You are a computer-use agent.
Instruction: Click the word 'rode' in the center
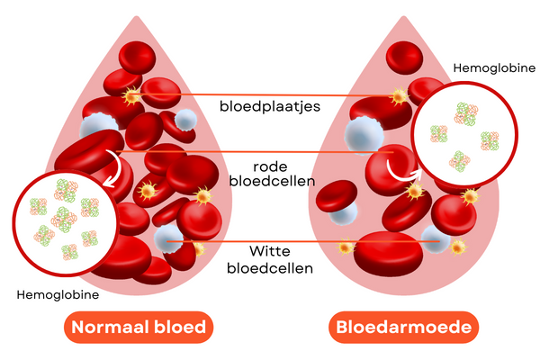270,166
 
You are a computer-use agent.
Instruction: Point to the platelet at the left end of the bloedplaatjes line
133,94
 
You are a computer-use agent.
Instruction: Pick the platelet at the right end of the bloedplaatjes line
398,96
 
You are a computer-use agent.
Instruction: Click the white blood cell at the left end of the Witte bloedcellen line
168,238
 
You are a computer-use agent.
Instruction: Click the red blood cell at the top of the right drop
405,56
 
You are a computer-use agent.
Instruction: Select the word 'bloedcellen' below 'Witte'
269,268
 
